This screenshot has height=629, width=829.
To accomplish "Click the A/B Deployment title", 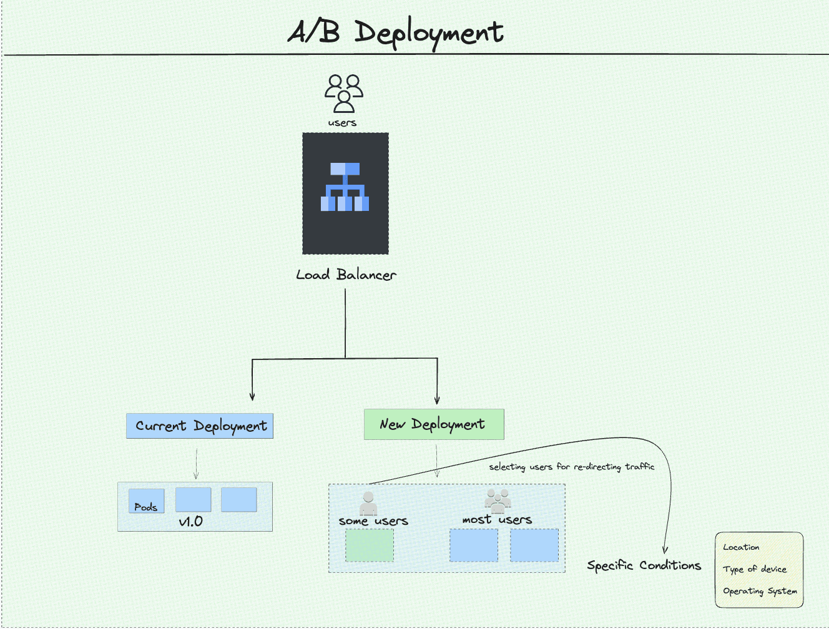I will pyautogui.click(x=395, y=32).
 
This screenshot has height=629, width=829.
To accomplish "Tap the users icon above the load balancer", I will pyautogui.click(x=343, y=94).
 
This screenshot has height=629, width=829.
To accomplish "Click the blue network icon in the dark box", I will pyautogui.click(x=345, y=187).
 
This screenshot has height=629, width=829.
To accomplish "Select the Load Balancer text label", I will pyautogui.click(x=346, y=275).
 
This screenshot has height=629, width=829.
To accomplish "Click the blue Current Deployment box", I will pyautogui.click(x=200, y=426).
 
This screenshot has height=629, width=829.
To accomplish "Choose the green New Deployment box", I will pyautogui.click(x=433, y=424).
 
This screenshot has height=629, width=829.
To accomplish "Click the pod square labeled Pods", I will pyautogui.click(x=147, y=500).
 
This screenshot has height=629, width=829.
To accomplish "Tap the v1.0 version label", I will pyautogui.click(x=191, y=522).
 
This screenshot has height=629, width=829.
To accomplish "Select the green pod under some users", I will pyautogui.click(x=370, y=545).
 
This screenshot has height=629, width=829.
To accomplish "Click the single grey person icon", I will pyautogui.click(x=368, y=502).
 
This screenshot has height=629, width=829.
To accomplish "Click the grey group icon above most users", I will pyautogui.click(x=498, y=500).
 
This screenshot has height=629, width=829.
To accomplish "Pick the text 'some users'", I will pyautogui.click(x=373, y=521).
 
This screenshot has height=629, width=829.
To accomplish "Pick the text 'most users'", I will pyautogui.click(x=497, y=519).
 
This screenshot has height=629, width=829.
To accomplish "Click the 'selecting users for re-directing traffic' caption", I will pyautogui.click(x=571, y=467).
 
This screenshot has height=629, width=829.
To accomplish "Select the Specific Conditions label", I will pyautogui.click(x=644, y=565).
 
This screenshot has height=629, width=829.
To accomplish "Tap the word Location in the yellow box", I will pyautogui.click(x=741, y=547).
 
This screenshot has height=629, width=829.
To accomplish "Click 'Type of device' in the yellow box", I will pyautogui.click(x=755, y=569).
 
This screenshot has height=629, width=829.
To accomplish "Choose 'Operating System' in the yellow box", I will pyautogui.click(x=760, y=591).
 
